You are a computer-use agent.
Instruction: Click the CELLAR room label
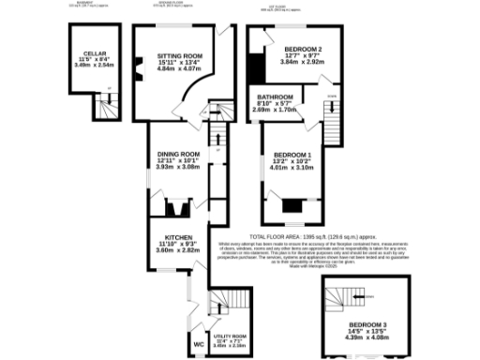coord(93,53)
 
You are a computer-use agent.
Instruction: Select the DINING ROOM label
coord(178,154)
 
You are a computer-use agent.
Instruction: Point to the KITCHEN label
coord(178,237)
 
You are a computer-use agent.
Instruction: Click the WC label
coord(198,345)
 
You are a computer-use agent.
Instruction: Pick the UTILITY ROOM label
coord(230,336)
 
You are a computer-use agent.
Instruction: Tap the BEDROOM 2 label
coord(303,49)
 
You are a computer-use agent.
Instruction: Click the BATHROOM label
coord(275,97)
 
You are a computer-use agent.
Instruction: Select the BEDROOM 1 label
coord(292,154)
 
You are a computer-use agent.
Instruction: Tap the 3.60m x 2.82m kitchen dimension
coord(178,250)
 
